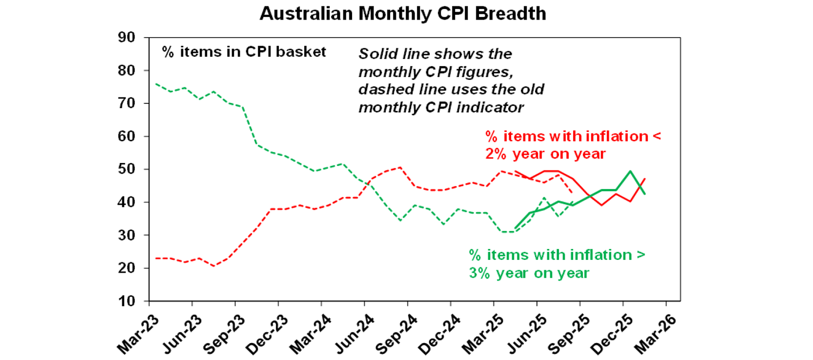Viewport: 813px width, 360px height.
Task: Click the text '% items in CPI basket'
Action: click(x=244, y=52)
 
